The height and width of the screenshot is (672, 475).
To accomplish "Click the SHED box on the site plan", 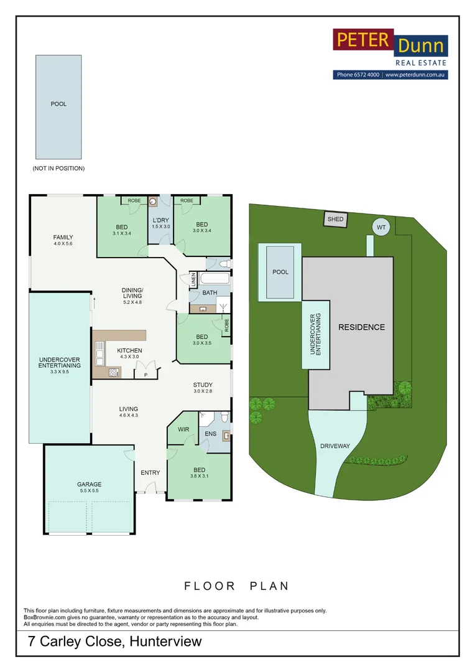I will click(335, 219).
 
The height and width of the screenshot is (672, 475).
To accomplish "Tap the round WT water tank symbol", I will click(381, 228).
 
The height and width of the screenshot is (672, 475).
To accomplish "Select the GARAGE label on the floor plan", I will click(89, 484).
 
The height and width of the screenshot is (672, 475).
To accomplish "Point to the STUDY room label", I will click(203, 385).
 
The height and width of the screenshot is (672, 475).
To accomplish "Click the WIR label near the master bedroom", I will click(183, 429).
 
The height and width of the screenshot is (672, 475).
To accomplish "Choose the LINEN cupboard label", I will click(194, 279).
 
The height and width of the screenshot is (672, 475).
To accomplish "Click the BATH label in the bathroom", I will click(210, 292).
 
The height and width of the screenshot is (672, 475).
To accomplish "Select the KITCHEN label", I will click(129, 350).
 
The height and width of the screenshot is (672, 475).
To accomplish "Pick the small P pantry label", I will click(145, 375).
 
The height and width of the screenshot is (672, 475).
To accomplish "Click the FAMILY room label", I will click(63, 237).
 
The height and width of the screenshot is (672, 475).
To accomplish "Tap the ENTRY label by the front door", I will click(150, 472).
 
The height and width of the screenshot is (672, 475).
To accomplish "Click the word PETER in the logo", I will click(363, 40).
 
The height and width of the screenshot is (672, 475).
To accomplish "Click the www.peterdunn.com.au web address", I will click(415, 75).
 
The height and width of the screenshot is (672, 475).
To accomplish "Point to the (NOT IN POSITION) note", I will click(58, 169).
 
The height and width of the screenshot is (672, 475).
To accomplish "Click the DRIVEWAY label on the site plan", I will click(336, 446).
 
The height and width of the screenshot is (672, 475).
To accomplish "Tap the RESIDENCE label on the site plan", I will click(361, 327).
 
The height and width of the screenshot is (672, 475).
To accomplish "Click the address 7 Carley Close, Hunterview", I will click(115, 642).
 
